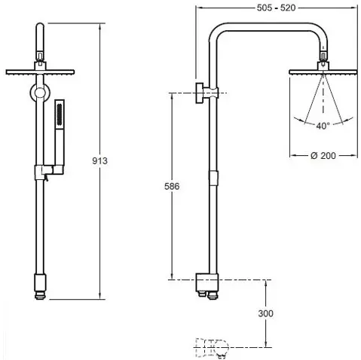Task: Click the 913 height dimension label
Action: coord(99,161)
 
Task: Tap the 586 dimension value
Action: coord(172,186)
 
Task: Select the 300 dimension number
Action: coord(265,313)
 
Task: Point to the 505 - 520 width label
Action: coord(276,8)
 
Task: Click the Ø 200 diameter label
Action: coord(323,156)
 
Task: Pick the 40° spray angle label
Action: coord(323,126)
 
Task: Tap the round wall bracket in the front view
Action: coord(40,93)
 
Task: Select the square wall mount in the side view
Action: coord(200,93)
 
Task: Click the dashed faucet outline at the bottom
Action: coord(212,347)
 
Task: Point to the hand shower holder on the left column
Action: coord(49,172)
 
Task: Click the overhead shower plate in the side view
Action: coord(323,72)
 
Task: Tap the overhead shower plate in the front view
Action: coord(40,72)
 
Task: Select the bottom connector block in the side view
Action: coord(207,282)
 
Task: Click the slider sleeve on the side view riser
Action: coord(213,178)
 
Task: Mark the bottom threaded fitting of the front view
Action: coord(40,295)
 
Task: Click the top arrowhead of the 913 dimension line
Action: coord(100,26)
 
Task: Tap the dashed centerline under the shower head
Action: coord(323,97)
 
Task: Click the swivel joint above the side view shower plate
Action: coord(323,56)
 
